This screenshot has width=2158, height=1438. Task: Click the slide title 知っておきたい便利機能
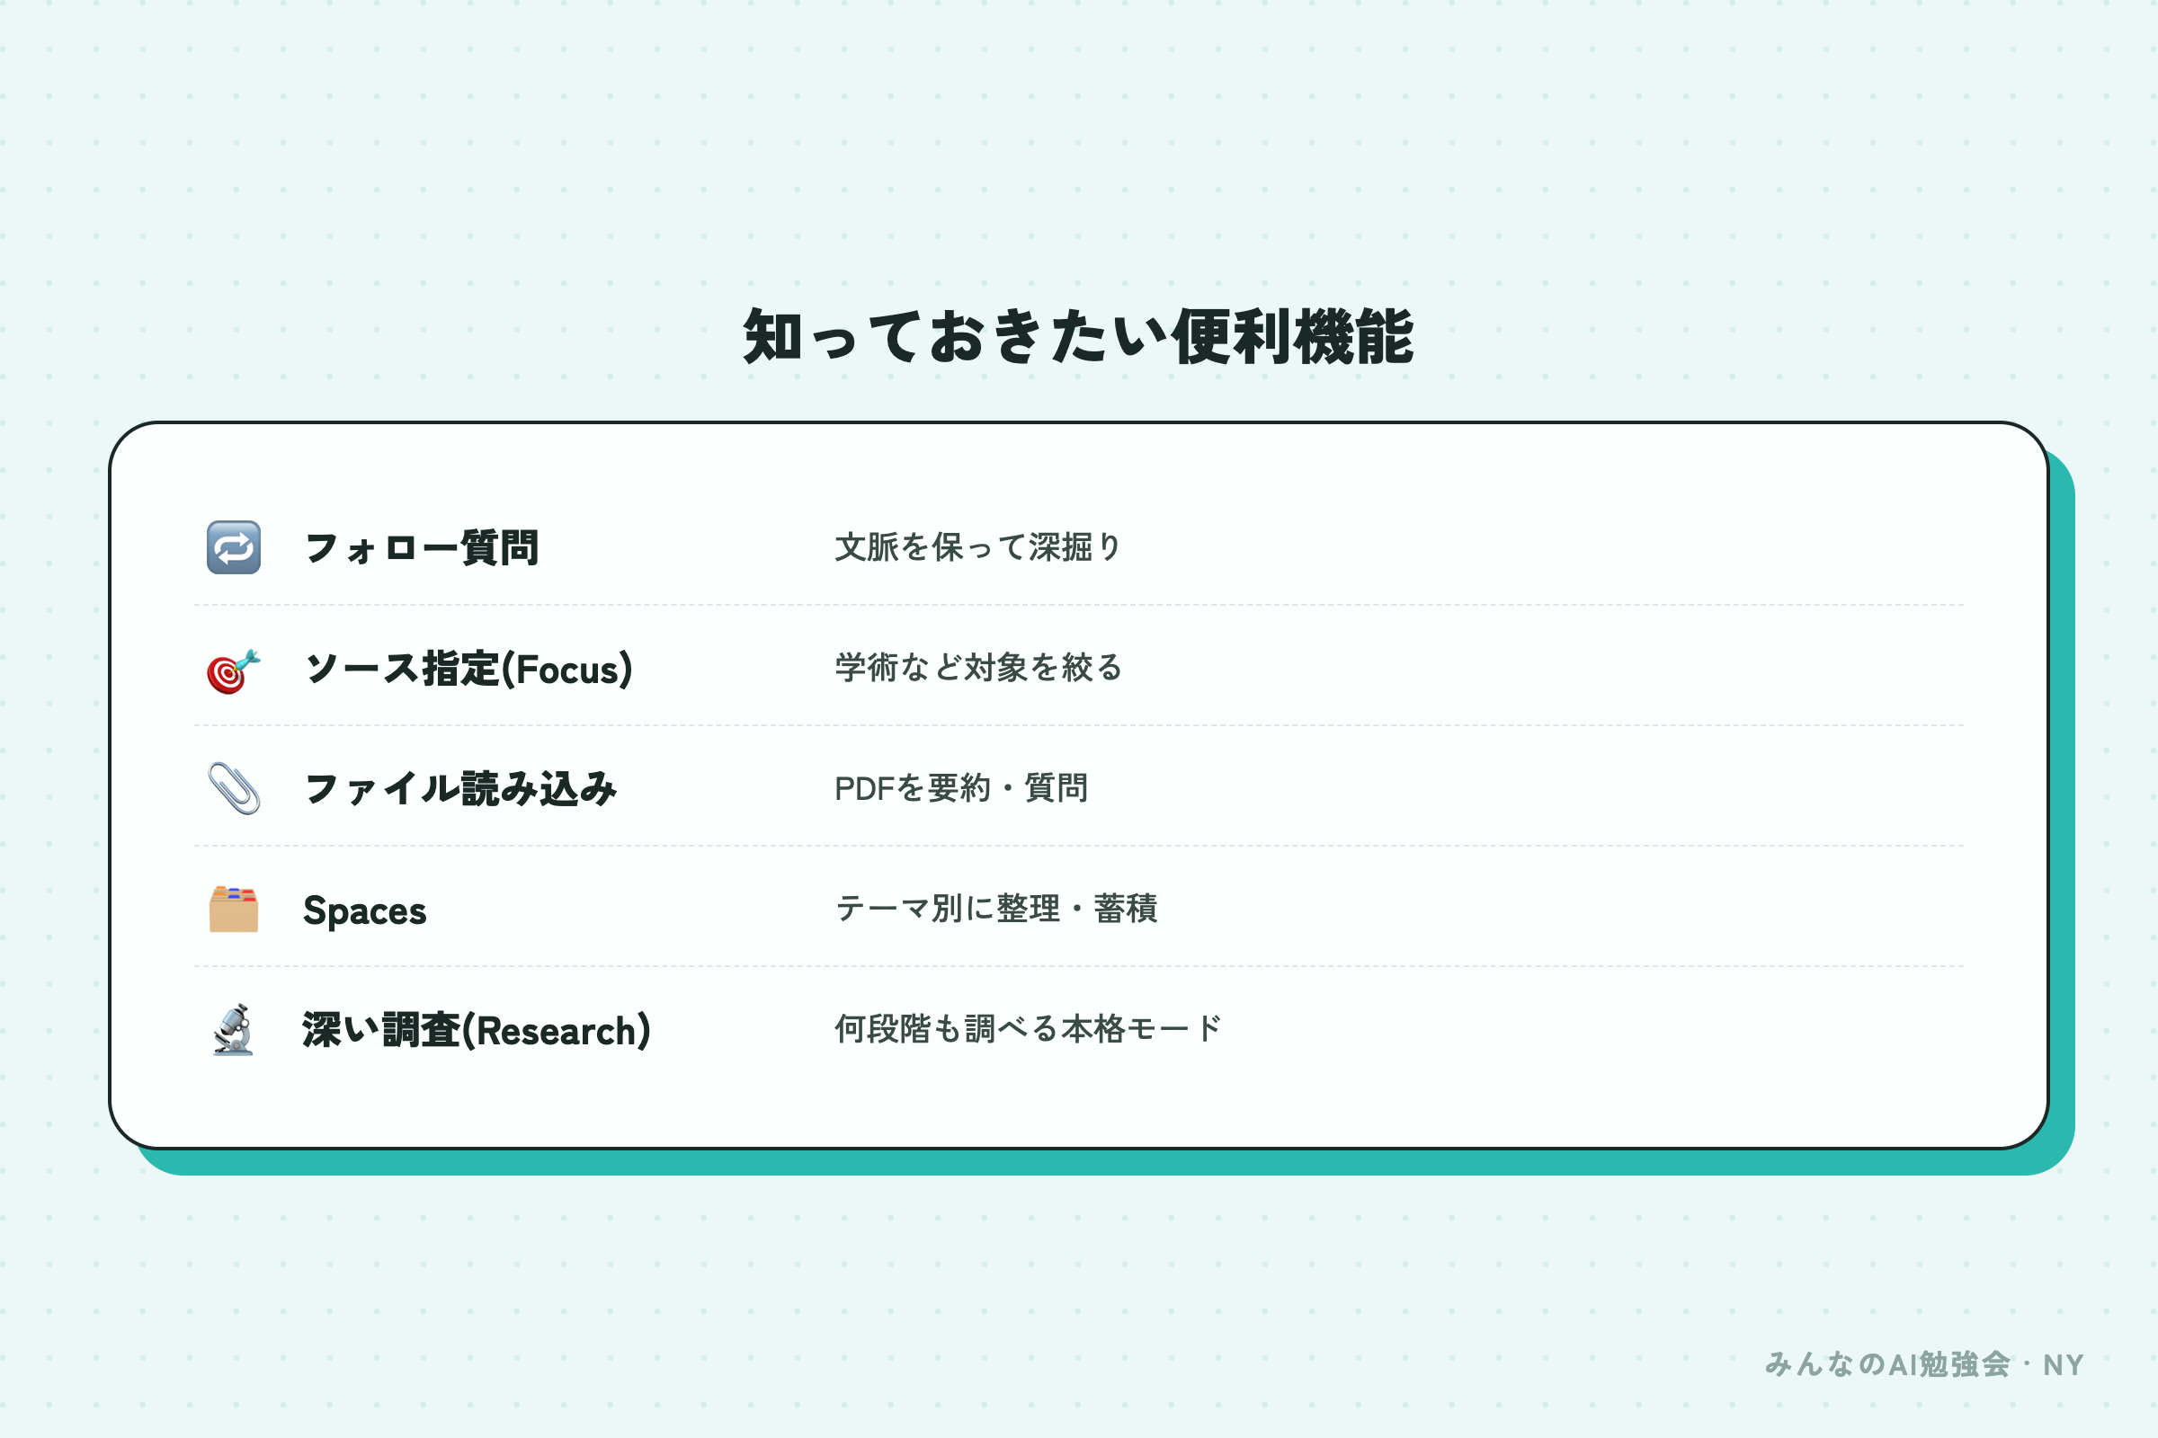click(1078, 336)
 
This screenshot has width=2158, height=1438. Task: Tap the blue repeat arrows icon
click(233, 547)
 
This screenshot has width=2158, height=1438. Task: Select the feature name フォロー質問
click(421, 548)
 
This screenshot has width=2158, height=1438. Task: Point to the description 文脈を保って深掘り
click(978, 546)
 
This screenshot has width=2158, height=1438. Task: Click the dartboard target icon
click(233, 670)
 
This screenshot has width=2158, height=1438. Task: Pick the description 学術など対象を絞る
click(978, 668)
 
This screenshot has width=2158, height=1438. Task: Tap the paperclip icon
click(233, 788)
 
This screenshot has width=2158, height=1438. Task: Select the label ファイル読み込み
click(460, 789)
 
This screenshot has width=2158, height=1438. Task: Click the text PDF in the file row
click(864, 789)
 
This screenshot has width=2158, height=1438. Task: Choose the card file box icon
click(233, 909)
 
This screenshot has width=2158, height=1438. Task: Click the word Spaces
click(364, 910)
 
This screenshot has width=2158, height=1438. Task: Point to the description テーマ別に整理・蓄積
click(995, 909)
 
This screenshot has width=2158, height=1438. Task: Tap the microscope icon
click(233, 1029)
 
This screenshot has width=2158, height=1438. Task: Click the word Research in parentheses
click(556, 1031)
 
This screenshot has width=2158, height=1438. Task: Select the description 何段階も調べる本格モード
click(1028, 1029)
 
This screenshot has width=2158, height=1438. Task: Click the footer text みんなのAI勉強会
click(1887, 1364)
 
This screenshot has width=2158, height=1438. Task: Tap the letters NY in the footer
click(2064, 1365)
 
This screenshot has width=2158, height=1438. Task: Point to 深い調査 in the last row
click(380, 1030)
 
